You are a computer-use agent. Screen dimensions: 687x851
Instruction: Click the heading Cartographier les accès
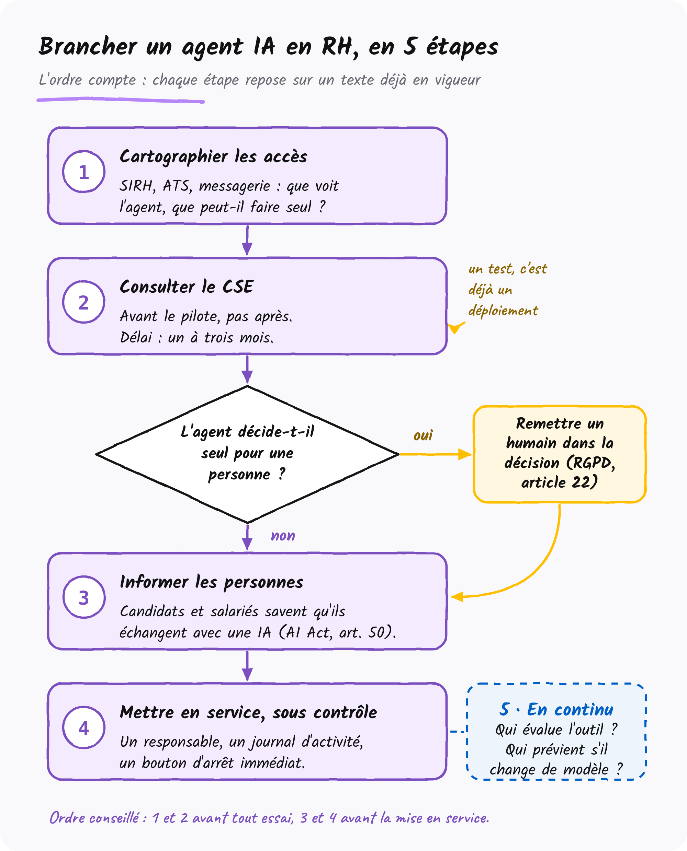pyautogui.click(x=213, y=157)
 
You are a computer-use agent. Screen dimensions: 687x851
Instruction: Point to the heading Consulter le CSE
pyautogui.click(x=187, y=287)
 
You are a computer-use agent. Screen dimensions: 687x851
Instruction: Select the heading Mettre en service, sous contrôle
pyautogui.click(x=248, y=713)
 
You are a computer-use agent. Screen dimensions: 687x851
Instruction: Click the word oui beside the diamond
pyautogui.click(x=423, y=435)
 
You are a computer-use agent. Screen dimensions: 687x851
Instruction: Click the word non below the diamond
pyautogui.click(x=283, y=536)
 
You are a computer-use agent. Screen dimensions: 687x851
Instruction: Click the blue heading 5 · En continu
pyautogui.click(x=556, y=710)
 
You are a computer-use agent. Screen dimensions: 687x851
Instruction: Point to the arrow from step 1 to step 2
pyautogui.click(x=247, y=240)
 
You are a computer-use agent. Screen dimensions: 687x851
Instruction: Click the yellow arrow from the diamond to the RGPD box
pyautogui.click(x=436, y=454)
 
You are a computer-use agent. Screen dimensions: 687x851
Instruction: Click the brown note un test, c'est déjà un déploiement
pyautogui.click(x=507, y=290)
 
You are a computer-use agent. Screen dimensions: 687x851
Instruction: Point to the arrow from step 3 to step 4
pyautogui.click(x=247, y=666)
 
